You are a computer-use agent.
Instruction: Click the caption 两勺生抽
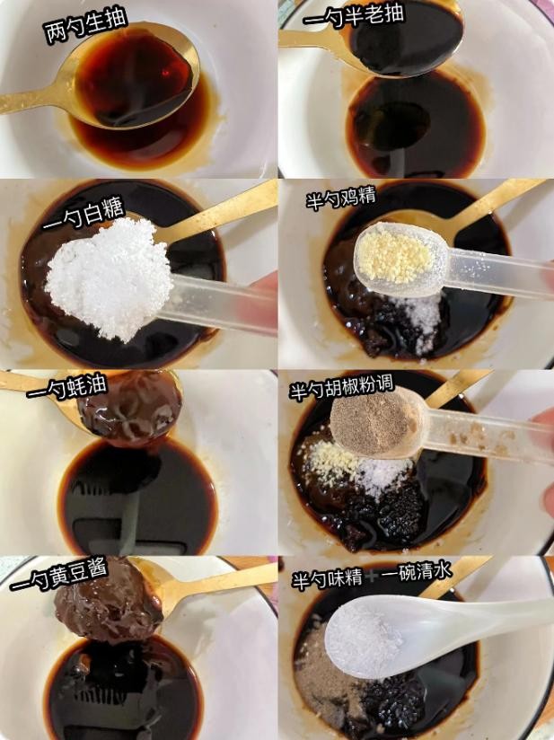click(x=86, y=26)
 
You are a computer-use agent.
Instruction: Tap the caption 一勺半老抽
click(x=354, y=16)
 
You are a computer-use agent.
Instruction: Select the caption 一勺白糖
click(x=83, y=214)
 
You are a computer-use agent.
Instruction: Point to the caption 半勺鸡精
click(x=340, y=199)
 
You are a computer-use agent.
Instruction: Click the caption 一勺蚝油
click(x=66, y=387)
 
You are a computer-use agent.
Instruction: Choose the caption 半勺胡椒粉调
click(x=341, y=387)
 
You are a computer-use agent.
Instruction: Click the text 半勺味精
click(x=327, y=578)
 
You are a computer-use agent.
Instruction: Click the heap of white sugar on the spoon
click(x=109, y=278)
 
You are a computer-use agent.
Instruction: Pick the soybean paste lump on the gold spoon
click(x=108, y=599)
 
